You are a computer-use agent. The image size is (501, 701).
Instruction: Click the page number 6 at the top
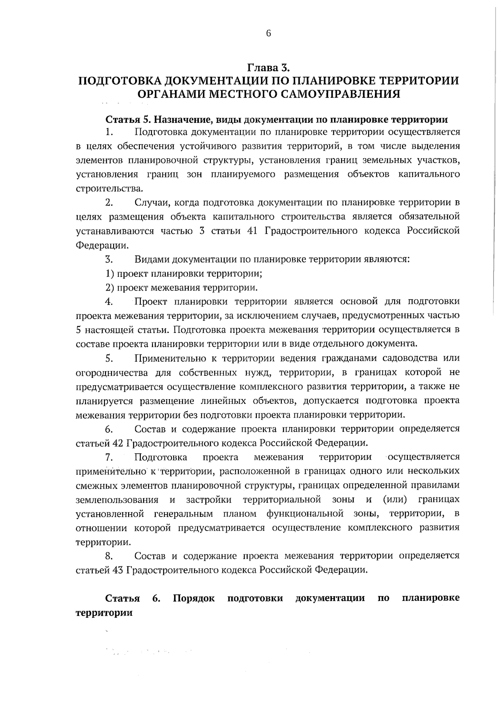268,34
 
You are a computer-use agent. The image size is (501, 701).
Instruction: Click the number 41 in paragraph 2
252,231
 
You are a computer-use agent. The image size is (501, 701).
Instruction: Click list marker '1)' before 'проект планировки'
110,274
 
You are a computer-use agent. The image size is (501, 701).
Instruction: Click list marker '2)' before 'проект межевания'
110,288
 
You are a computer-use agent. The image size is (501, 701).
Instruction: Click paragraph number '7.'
110,458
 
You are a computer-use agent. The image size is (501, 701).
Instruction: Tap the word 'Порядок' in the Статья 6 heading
194,598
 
